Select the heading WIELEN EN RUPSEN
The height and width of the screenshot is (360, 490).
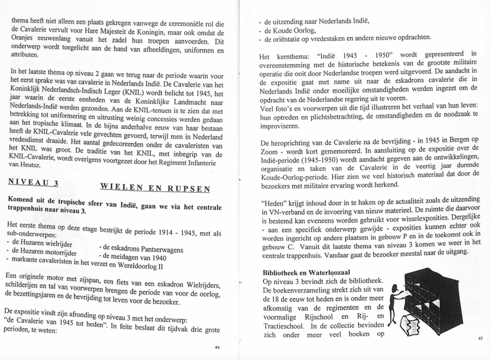pos(155,188)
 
